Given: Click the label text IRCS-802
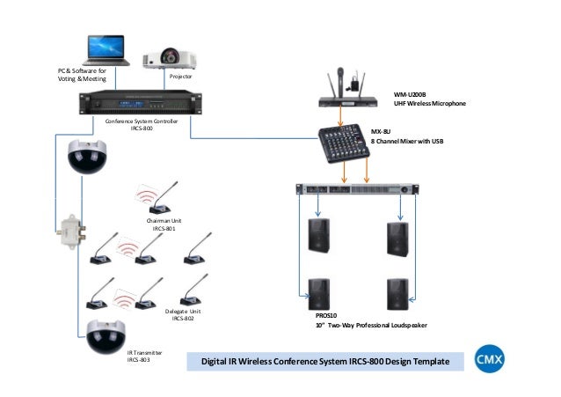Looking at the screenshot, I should pyautogui.click(x=183, y=319).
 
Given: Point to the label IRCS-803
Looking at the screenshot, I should pyautogui.click(x=139, y=359).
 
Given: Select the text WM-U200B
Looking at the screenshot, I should pyautogui.click(x=412, y=94).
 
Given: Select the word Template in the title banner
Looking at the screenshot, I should pyautogui.click(x=426, y=362).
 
